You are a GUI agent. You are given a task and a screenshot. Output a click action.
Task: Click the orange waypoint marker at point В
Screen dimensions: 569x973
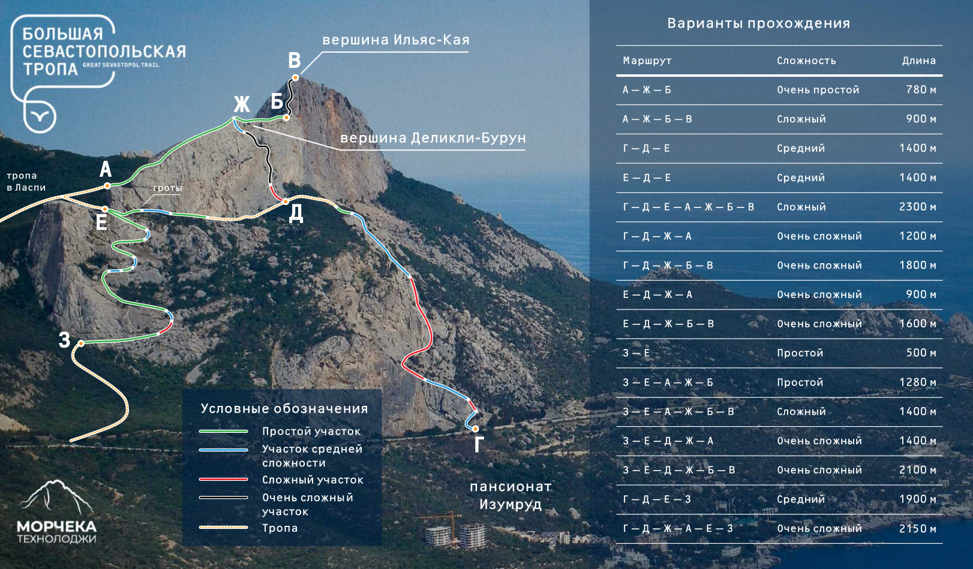295,77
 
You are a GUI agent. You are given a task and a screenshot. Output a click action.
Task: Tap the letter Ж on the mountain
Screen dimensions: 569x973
242,104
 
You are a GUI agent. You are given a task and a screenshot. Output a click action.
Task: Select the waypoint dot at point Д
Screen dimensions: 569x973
286,201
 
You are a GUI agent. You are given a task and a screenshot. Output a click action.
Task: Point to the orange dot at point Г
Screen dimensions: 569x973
475,429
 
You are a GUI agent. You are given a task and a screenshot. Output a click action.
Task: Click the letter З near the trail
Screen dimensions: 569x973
64,340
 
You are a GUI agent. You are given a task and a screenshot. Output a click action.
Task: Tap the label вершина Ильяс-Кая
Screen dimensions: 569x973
396,40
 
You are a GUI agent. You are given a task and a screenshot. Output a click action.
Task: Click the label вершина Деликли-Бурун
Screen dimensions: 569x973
433,138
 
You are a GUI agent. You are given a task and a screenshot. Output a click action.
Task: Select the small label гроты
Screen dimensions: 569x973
167,188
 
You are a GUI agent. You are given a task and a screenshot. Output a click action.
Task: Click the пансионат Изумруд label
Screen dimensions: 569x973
510,495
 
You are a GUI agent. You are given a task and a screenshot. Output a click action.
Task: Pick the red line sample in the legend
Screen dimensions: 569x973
224,480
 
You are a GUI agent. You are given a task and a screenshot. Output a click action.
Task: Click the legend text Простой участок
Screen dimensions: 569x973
311,431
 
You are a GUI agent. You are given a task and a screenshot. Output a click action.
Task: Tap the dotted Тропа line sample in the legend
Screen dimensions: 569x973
224,528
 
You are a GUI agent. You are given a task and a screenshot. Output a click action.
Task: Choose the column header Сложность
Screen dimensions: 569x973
806,61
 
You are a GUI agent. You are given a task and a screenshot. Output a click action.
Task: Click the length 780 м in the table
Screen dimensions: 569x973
921,90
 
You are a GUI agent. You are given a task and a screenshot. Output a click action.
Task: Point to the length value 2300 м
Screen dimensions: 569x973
917,207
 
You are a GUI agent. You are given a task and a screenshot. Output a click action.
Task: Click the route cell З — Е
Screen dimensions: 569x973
636,353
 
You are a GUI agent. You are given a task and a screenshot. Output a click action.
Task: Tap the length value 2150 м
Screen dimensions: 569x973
917,529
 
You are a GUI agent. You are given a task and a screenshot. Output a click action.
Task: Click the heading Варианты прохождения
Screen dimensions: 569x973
759,23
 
